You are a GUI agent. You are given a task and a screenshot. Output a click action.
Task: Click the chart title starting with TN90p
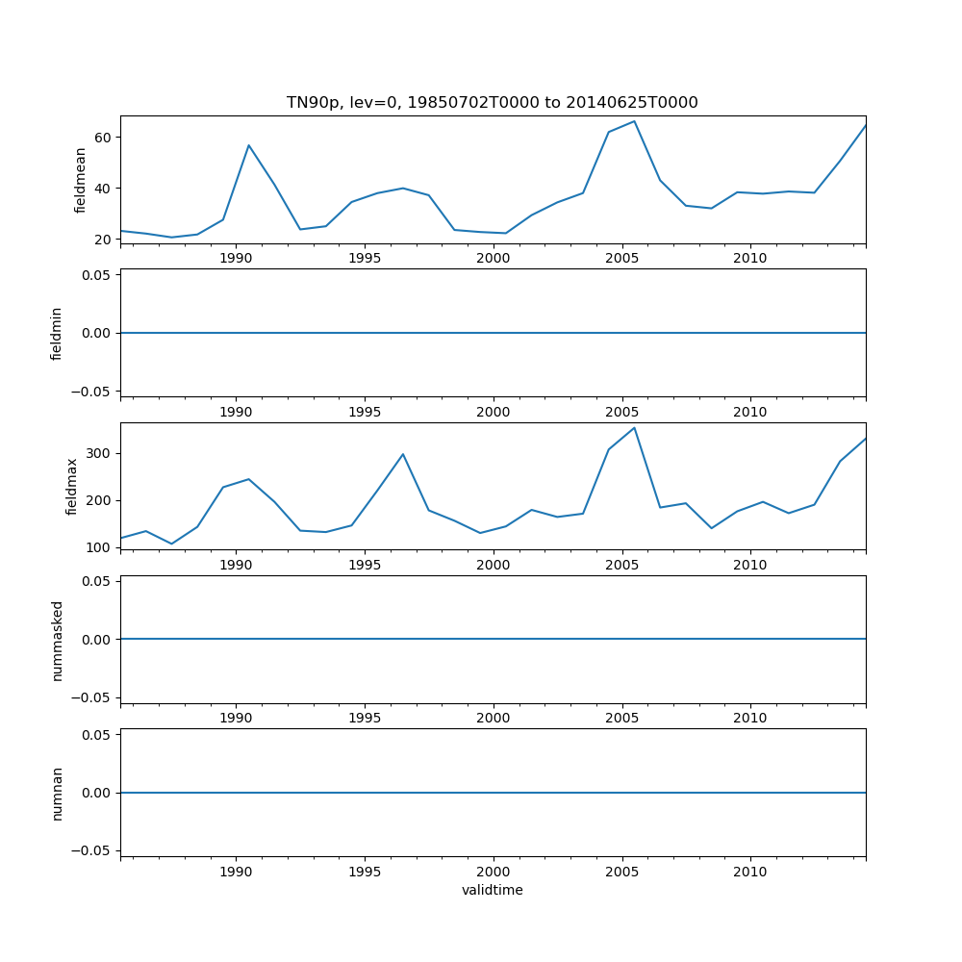492,102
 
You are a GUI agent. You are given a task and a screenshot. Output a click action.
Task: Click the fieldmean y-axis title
80,180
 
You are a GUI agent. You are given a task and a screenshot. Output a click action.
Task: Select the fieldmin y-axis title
56,333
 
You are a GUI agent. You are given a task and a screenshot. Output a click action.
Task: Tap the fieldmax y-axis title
71,486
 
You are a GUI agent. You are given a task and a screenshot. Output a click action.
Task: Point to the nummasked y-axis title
57,640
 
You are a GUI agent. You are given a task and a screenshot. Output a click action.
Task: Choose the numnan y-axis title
57,793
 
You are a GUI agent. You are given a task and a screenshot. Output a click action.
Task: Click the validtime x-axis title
492,891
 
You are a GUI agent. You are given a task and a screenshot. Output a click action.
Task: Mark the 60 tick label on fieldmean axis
104,138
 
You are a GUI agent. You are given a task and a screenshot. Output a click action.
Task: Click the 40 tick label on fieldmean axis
104,189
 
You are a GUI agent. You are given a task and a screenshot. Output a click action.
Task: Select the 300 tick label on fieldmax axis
100,453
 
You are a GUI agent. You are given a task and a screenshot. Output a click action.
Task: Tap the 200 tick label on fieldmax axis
100,500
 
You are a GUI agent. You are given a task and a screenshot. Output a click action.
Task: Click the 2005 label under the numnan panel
621,872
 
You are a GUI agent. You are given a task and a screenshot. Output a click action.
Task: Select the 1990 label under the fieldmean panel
236,258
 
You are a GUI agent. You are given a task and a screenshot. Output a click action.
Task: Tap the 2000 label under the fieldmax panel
493,565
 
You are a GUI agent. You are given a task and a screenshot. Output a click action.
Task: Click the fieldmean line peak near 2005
634,121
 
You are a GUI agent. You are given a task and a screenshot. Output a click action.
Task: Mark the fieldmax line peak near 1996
403,454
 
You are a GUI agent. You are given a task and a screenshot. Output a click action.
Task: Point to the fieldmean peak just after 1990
248,145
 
